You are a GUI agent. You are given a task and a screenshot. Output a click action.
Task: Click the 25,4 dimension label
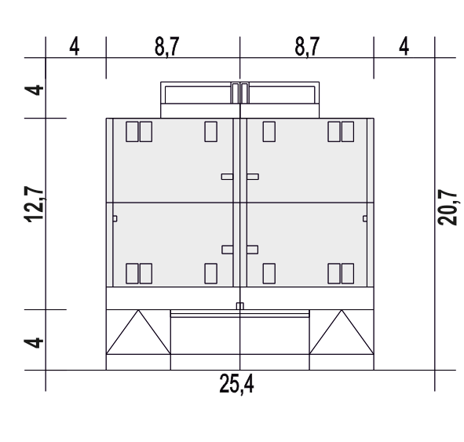pyautogui.click(x=236, y=384)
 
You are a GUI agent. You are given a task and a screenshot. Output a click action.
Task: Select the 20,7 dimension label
pyautogui.click(x=448, y=207)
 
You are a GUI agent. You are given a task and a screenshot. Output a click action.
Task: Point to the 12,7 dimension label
pyautogui.click(x=34, y=204)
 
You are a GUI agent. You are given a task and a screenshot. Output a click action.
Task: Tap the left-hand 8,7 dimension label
pyautogui.click(x=167, y=47)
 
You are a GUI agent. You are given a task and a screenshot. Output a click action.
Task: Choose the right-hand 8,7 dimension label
pyautogui.click(x=307, y=47)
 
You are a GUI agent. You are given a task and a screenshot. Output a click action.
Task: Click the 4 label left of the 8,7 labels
pyautogui.click(x=75, y=47)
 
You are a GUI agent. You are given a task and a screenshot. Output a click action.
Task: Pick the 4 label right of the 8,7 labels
pyautogui.click(x=404, y=47)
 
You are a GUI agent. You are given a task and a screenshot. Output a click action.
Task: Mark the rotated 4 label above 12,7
pyautogui.click(x=34, y=90)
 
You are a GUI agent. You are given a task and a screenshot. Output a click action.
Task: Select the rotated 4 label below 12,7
pyautogui.click(x=34, y=342)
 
